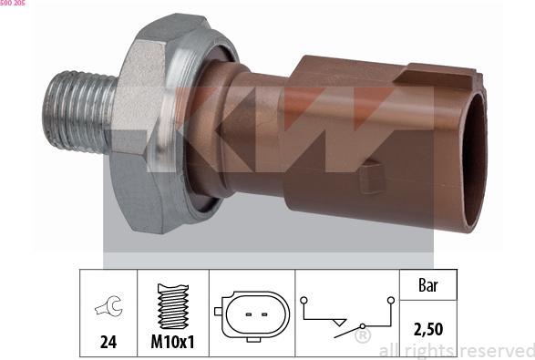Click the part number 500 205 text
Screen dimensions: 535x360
(12, 3)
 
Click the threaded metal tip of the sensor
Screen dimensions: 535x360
(79, 111)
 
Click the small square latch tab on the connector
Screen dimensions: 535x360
(372, 178)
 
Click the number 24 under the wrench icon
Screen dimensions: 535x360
(108, 342)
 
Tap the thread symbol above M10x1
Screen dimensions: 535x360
(173, 306)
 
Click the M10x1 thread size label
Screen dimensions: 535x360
(172, 341)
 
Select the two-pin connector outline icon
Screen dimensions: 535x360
(252, 315)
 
